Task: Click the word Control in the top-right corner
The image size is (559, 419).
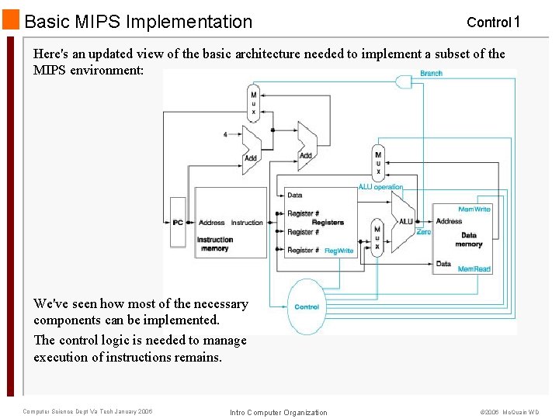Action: pyautogui.click(x=488, y=23)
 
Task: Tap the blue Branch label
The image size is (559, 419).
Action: pyautogui.click(x=431, y=73)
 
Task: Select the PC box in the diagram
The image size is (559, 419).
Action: pyautogui.click(x=179, y=223)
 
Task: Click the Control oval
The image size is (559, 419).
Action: pyautogui.click(x=307, y=306)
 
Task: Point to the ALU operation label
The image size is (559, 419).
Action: pyautogui.click(x=380, y=187)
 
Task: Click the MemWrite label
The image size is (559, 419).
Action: pyautogui.click(x=474, y=209)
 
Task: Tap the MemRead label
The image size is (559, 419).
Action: pyautogui.click(x=474, y=269)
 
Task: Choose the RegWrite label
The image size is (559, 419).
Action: pyautogui.click(x=339, y=251)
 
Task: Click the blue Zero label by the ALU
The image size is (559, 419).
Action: pyautogui.click(x=423, y=231)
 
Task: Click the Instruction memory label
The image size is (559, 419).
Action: pyautogui.click(x=214, y=244)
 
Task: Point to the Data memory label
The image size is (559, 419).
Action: pyautogui.click(x=469, y=240)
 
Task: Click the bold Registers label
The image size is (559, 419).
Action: pyautogui.click(x=328, y=223)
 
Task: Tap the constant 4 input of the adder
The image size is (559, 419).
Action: pyautogui.click(x=225, y=134)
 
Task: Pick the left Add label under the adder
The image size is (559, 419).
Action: pyautogui.click(x=251, y=158)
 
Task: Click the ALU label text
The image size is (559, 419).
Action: pyautogui.click(x=405, y=222)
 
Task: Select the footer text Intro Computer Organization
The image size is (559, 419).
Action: pyautogui.click(x=279, y=412)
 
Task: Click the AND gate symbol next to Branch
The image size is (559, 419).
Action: pyautogui.click(x=404, y=81)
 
